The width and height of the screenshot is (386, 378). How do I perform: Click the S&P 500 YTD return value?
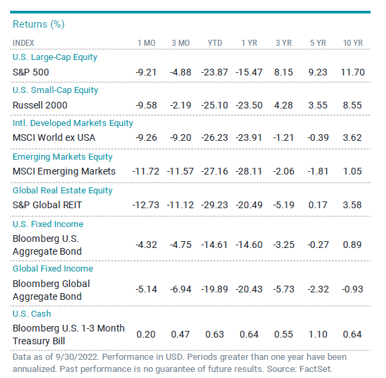click(x=215, y=72)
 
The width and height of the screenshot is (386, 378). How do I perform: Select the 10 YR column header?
click(x=353, y=43)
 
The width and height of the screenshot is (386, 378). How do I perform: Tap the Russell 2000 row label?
click(x=40, y=105)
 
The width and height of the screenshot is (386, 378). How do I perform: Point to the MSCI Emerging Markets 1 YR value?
click(x=249, y=171)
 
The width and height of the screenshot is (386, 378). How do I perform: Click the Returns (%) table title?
click(x=38, y=24)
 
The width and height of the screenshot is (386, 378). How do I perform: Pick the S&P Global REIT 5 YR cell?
click(x=318, y=205)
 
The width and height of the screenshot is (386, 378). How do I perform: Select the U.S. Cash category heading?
click(x=32, y=313)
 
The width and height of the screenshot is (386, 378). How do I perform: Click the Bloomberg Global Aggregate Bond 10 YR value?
click(x=352, y=289)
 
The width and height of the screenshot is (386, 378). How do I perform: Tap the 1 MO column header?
click(x=146, y=43)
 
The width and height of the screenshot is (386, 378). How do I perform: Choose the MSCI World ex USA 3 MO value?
click(x=180, y=137)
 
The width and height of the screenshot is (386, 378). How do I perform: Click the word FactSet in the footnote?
click(x=316, y=369)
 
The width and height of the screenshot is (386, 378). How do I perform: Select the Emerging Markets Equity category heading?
click(x=63, y=157)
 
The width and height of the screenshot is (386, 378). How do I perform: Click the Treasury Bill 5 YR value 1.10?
click(x=318, y=334)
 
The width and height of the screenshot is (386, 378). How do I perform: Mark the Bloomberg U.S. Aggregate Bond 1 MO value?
click(x=146, y=245)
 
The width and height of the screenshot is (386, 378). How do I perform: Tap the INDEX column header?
click(x=24, y=43)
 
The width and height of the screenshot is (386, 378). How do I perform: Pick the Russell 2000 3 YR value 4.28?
click(x=283, y=105)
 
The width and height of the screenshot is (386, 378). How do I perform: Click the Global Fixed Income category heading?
click(x=53, y=268)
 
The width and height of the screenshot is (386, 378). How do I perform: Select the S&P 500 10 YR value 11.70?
click(x=352, y=72)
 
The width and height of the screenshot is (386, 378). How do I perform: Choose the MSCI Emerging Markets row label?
click(x=64, y=171)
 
